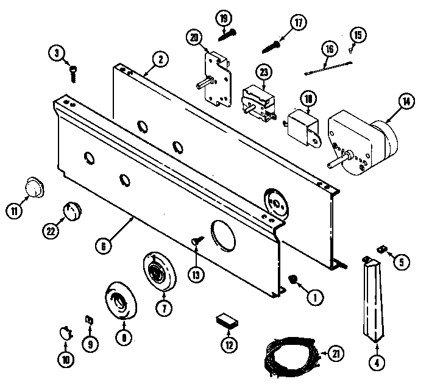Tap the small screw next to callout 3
[73, 73]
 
